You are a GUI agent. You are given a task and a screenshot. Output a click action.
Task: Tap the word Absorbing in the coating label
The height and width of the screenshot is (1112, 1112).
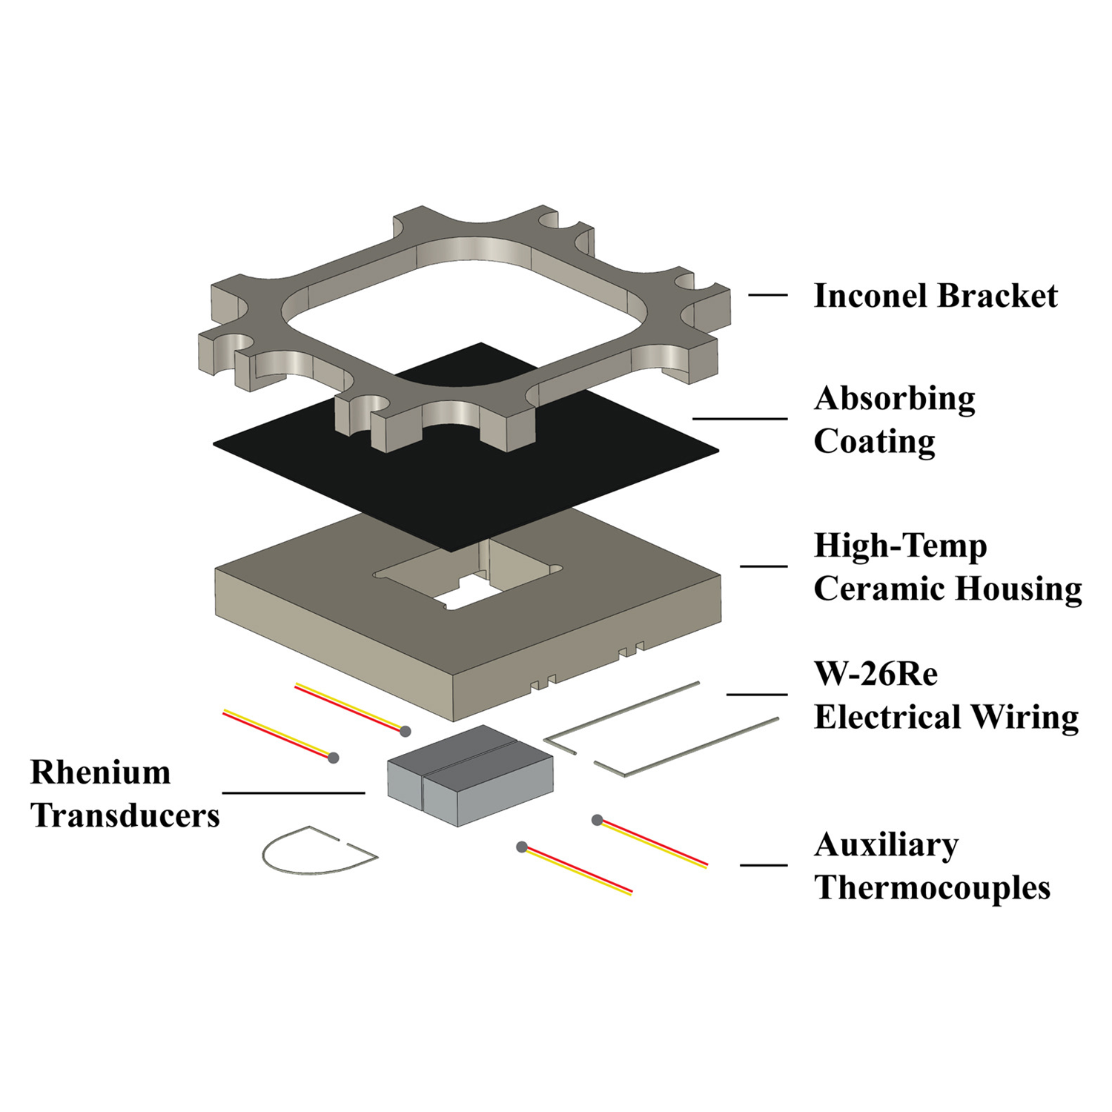tap(894, 399)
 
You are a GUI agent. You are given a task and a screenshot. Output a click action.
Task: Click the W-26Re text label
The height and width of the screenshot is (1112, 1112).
tap(876, 675)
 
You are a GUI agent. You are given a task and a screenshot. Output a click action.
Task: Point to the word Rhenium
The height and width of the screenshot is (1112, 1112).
tap(100, 772)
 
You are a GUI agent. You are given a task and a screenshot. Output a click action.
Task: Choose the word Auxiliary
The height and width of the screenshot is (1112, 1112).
tap(886, 845)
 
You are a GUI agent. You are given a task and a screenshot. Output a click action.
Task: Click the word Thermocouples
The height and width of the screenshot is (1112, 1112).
tap(932, 888)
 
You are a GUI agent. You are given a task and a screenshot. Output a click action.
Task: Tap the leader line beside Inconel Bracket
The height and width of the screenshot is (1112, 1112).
tap(767, 295)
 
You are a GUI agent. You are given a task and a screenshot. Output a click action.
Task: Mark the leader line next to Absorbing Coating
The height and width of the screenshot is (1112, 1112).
tap(740, 419)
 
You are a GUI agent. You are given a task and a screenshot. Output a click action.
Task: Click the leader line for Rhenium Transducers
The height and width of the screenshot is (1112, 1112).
tap(293, 792)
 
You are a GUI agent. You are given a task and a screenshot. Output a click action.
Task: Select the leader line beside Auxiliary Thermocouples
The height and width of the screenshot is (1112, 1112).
tap(764, 864)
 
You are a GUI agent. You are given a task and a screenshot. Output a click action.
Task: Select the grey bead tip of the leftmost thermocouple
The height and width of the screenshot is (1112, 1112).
tap(334, 758)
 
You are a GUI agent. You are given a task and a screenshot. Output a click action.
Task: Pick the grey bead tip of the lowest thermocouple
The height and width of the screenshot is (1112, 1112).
tap(522, 847)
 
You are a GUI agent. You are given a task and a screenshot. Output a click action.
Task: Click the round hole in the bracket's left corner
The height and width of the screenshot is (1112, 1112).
tap(239, 343)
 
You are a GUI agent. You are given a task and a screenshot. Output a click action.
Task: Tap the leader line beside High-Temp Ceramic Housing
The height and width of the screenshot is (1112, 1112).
tap(764, 566)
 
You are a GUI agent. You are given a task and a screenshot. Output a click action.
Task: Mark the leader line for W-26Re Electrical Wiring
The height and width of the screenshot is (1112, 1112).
tap(756, 695)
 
